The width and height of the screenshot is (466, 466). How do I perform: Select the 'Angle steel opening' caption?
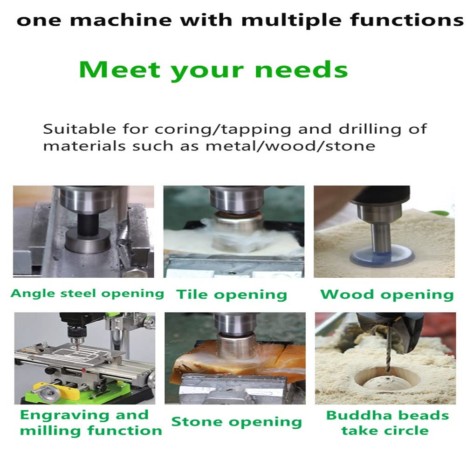(87, 293)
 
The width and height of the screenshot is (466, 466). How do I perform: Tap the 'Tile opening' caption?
(232, 294)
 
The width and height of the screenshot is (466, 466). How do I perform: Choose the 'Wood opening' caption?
(387, 294)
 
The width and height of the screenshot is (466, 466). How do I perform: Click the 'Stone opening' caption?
(236, 422)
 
